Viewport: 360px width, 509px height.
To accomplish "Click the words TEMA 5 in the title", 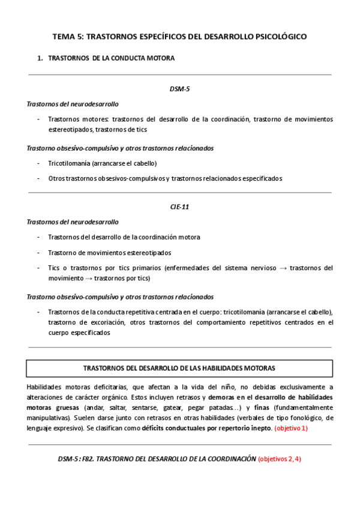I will pos(68,37).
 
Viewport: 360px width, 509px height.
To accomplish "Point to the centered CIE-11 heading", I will pos(180,207).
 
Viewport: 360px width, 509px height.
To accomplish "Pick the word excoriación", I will pos(107,322).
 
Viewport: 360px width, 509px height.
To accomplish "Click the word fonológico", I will pos(300,418).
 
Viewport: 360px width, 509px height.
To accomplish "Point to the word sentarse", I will pos(143,408).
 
